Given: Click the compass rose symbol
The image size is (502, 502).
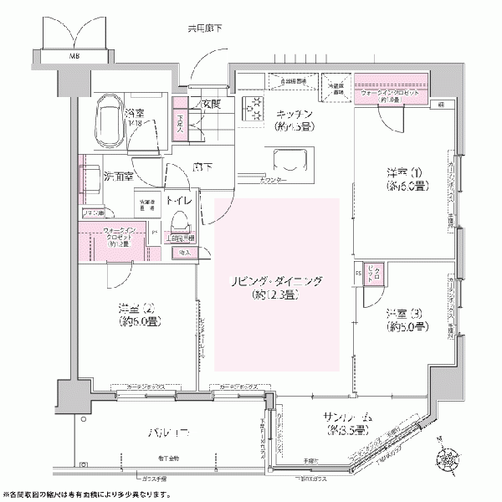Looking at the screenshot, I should click(x=449, y=459).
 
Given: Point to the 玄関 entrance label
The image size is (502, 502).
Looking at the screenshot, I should click(x=211, y=104).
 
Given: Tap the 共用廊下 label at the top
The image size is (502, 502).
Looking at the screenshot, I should click(x=204, y=30).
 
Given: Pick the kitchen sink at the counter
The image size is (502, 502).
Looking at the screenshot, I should click(x=292, y=158).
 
